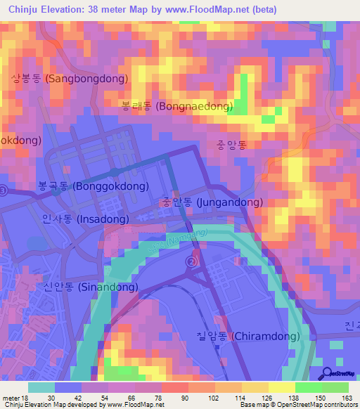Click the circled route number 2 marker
click(191, 261)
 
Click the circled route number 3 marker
click(4, 190)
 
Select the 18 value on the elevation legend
click(27, 397)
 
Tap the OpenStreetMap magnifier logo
click(326, 373)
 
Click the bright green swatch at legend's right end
click(335, 387)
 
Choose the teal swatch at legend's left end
click(41, 387)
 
